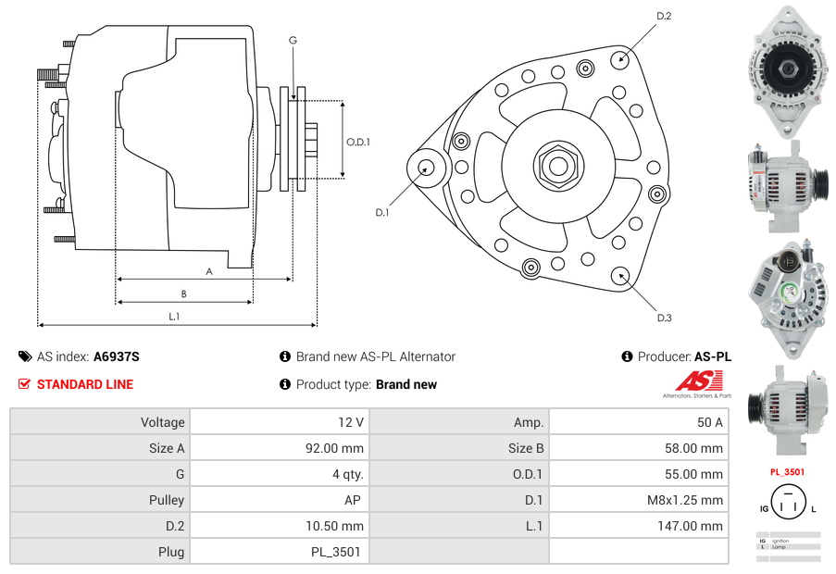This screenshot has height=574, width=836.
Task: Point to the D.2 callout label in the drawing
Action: pyautogui.click(x=664, y=16)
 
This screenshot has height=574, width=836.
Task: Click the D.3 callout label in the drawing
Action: pyautogui.click(x=664, y=318)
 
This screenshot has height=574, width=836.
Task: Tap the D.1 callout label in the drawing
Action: pyautogui.click(x=381, y=212)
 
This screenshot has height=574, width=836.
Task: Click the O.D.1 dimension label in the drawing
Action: pyautogui.click(x=358, y=142)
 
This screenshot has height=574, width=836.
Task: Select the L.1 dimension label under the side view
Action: pyautogui.click(x=174, y=317)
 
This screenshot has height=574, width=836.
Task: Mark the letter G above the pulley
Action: pyautogui.click(x=293, y=40)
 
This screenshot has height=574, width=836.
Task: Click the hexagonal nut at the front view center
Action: pyautogui.click(x=557, y=167)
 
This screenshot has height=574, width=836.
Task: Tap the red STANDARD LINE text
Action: pyautogui.click(x=85, y=384)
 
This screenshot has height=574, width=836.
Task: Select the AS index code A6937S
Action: pyautogui.click(x=117, y=356)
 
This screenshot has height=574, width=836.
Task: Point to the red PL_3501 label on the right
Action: pyautogui.click(x=787, y=472)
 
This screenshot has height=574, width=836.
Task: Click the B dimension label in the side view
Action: pyautogui.click(x=183, y=294)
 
